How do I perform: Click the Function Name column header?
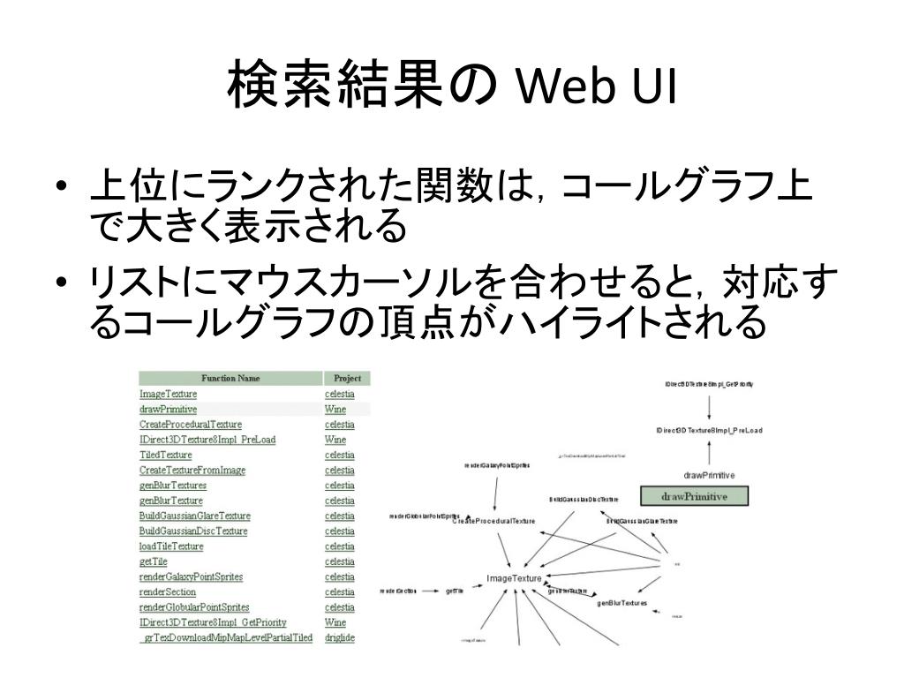tap(230, 378)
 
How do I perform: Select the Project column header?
tap(347, 378)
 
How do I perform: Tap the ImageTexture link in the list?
tap(168, 394)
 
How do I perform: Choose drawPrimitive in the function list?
tap(168, 410)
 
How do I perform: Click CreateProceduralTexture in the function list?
tap(190, 425)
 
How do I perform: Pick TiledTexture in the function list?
tap(165, 455)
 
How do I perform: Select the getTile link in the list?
tap(153, 561)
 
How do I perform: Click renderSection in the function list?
tap(167, 592)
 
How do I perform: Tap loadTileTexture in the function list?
tap(171, 546)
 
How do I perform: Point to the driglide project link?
tap(340, 638)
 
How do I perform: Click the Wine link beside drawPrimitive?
tap(335, 410)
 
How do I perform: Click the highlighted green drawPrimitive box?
tap(694, 496)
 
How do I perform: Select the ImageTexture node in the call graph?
tap(514, 579)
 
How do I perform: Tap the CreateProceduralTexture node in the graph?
tap(493, 522)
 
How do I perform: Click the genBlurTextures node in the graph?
tap(621, 603)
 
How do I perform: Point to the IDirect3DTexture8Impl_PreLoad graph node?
tap(709, 431)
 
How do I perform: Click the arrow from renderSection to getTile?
tap(431, 591)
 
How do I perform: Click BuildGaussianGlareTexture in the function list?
tap(194, 516)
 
